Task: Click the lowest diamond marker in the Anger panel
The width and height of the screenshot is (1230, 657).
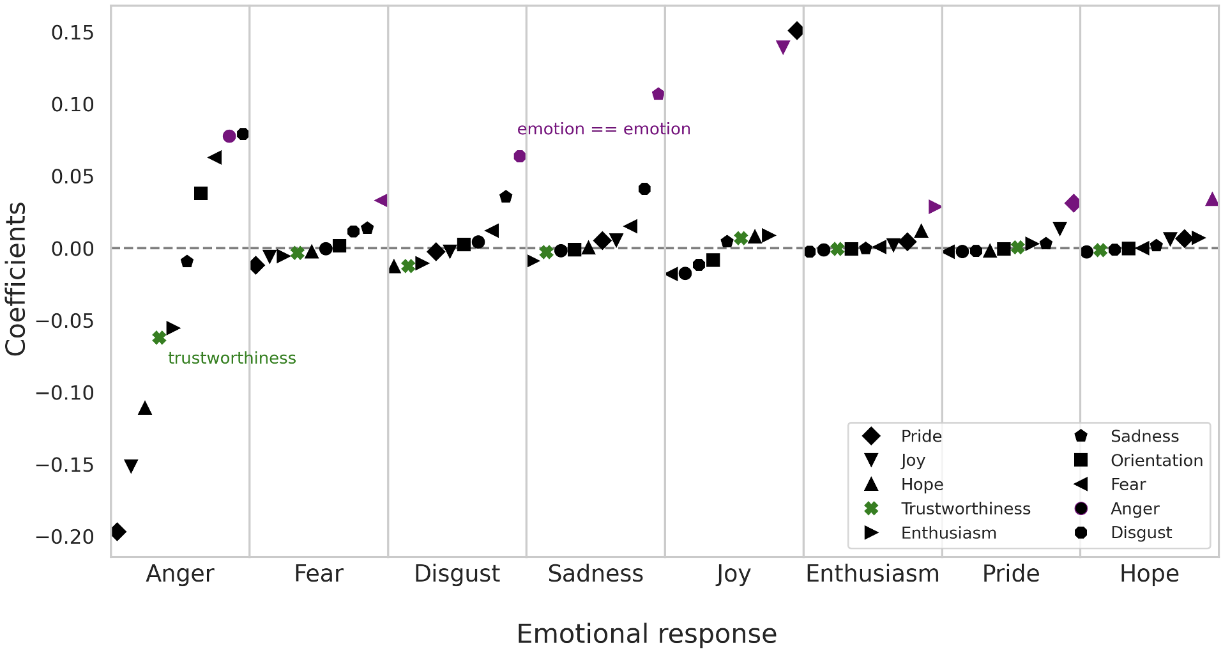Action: point(118,531)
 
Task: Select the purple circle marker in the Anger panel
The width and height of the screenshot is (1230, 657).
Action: point(229,136)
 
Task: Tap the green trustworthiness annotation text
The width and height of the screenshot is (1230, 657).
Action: point(232,358)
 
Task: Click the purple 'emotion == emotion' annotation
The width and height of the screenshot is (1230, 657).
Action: point(604,129)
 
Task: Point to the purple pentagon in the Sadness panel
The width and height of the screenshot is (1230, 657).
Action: point(658,95)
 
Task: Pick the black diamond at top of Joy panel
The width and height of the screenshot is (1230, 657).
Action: point(796,30)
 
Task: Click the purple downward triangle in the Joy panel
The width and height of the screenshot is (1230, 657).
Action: point(783,47)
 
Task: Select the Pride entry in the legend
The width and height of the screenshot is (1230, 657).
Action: point(921,436)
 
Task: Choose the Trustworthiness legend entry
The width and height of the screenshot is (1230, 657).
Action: point(965,508)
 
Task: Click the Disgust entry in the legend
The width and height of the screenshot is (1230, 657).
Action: point(1141,532)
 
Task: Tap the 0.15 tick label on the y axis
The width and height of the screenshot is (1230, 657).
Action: point(72,32)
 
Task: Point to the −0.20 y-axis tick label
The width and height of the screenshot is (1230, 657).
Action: point(65,536)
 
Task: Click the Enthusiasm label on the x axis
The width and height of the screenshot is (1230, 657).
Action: point(872,573)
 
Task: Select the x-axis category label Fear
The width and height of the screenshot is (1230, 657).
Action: point(318,573)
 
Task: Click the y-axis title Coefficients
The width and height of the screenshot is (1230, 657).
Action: point(16,279)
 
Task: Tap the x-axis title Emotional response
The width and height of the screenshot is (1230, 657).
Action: point(646,633)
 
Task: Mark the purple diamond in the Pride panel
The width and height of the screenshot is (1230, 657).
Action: point(1073,204)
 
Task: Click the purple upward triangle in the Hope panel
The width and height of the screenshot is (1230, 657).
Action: point(1212,199)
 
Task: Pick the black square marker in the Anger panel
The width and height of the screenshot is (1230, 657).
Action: point(201,193)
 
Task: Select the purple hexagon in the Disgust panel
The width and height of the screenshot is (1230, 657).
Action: point(520,157)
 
